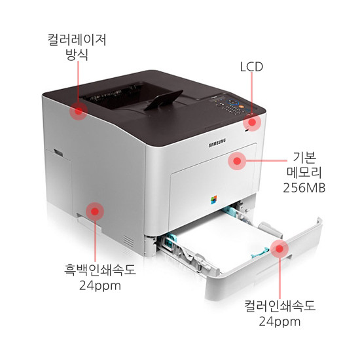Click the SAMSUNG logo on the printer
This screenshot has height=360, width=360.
click(217, 143)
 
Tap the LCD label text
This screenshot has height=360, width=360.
click(251, 67)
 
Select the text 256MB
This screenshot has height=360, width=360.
click(304, 188)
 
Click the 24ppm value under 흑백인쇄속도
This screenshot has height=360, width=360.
click(100, 287)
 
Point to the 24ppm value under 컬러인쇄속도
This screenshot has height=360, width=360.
click(279, 322)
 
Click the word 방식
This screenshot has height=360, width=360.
click(77, 54)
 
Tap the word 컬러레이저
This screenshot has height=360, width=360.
click(77, 40)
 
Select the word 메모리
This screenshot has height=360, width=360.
click(304, 173)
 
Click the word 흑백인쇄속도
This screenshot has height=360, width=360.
click(100, 270)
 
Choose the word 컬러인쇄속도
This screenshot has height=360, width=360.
click(279, 306)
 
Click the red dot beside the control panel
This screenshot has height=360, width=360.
click(252, 122)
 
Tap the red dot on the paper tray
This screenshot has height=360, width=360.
click(279, 249)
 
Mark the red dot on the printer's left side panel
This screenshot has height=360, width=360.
click(95, 211)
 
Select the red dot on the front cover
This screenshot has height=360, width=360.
click(237, 161)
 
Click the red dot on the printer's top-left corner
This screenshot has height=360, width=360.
click(79, 111)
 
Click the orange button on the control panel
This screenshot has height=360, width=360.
click(241, 106)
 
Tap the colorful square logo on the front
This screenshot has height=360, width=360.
click(214, 200)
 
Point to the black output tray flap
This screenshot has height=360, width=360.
click(164, 99)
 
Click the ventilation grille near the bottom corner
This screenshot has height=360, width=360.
click(128, 241)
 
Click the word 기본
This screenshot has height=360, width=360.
click(304, 158)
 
